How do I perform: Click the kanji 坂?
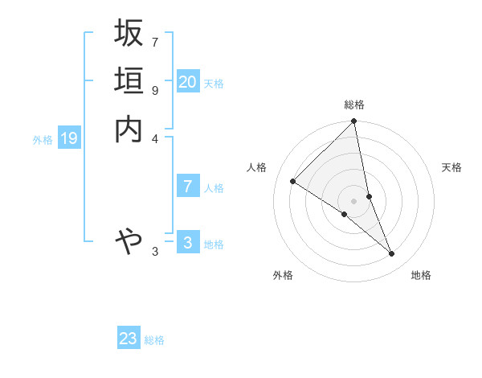click(x=129, y=34)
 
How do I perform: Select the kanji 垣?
click(x=129, y=81)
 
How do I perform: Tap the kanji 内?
click(x=129, y=129)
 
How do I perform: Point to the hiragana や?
click(x=129, y=240)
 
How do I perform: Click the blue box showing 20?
click(x=188, y=81)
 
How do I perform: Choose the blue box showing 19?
click(x=69, y=138)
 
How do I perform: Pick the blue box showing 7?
click(x=188, y=186)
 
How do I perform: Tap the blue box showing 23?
click(x=129, y=339)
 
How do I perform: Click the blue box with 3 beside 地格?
click(x=188, y=243)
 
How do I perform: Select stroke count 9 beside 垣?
click(x=155, y=90)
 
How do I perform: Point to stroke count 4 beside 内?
click(x=155, y=138)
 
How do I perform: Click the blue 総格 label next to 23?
click(x=154, y=340)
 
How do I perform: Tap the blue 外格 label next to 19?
click(x=43, y=140)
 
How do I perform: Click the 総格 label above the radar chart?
click(x=354, y=105)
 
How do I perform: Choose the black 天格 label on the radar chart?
click(x=452, y=167)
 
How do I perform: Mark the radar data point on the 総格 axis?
click(x=354, y=122)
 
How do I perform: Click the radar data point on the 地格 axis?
click(x=392, y=254)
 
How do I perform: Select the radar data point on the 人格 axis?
click(x=293, y=182)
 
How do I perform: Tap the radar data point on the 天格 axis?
click(x=369, y=196)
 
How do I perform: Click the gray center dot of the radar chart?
click(x=354, y=200)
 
